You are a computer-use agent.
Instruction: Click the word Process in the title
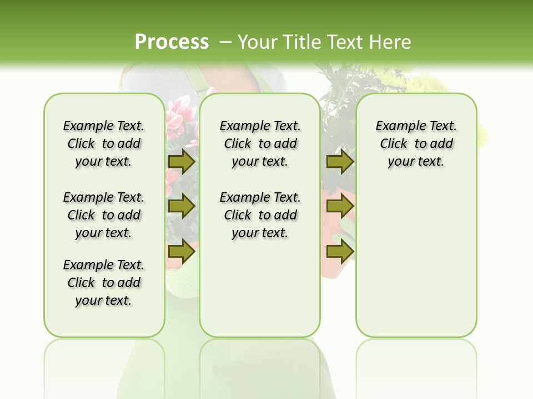coord(172,42)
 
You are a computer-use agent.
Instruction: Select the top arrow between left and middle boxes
coord(181,161)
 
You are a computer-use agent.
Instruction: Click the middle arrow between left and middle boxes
coord(181,206)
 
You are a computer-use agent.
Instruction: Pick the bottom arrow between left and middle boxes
coord(181,251)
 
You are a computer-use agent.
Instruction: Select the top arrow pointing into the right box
coord(340,161)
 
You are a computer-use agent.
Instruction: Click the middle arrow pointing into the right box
coord(340,206)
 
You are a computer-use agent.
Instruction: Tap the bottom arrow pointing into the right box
coord(340,251)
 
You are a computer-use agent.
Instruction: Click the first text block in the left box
coord(104,144)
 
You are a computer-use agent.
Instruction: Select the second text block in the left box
coord(104,215)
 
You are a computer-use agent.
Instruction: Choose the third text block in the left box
coord(104,283)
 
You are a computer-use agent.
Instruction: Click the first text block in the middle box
coord(260,144)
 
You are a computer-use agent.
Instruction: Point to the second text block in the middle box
coord(260,215)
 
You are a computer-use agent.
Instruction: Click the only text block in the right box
coord(416,144)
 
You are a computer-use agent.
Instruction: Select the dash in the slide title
coord(225,42)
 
